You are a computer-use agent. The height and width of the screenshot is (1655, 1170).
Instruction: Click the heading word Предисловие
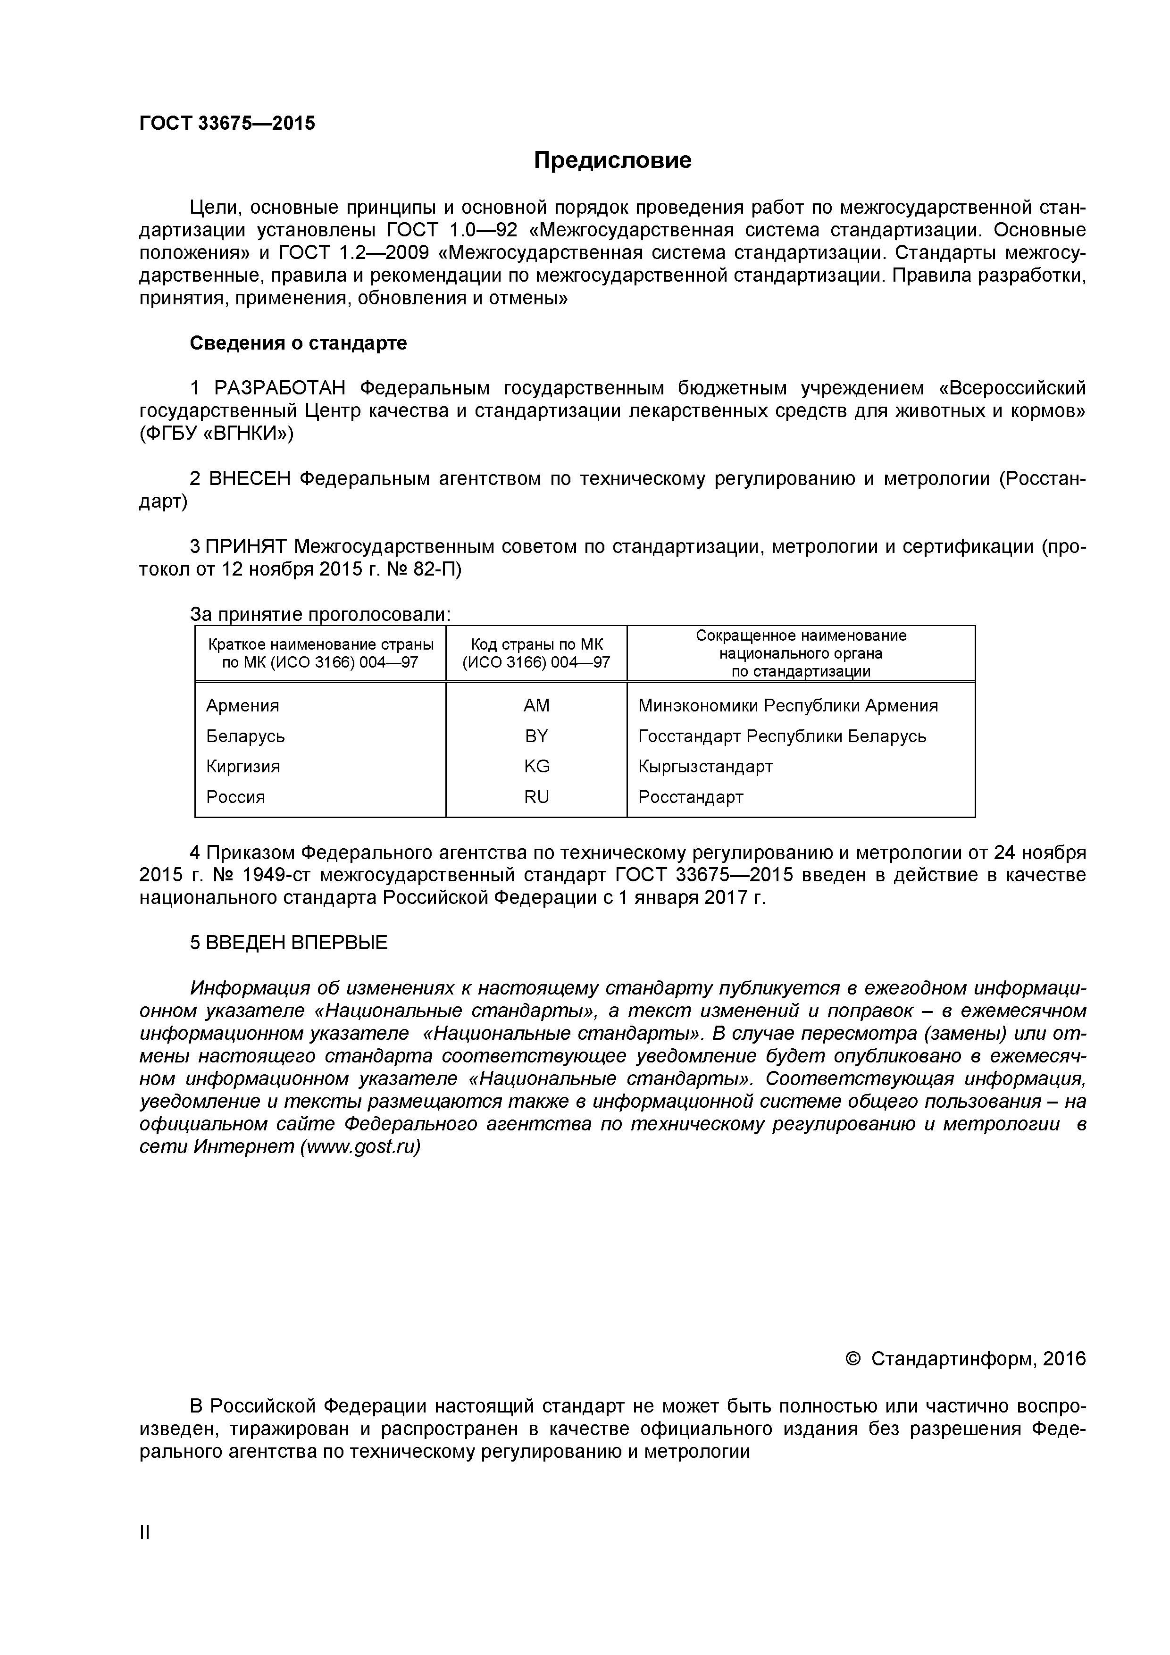pyautogui.click(x=612, y=160)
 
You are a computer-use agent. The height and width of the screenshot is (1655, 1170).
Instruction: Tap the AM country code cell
pyautogui.click(x=536, y=706)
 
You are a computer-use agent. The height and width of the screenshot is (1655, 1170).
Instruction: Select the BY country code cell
pyautogui.click(x=536, y=736)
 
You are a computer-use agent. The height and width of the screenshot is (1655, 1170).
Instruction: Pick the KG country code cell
pyautogui.click(x=536, y=766)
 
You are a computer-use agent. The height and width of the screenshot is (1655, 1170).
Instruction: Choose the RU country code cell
pyautogui.click(x=536, y=796)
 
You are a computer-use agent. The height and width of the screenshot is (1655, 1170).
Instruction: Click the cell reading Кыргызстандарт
pyautogui.click(x=705, y=766)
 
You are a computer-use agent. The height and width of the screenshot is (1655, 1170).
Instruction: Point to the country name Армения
pyautogui.click(x=242, y=706)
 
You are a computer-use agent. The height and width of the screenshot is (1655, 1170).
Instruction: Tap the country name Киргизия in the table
pyautogui.click(x=243, y=766)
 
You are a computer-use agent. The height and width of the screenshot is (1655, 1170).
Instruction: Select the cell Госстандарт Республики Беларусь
pyautogui.click(x=781, y=736)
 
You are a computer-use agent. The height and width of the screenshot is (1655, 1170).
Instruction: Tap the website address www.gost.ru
pyautogui.click(x=359, y=1147)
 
